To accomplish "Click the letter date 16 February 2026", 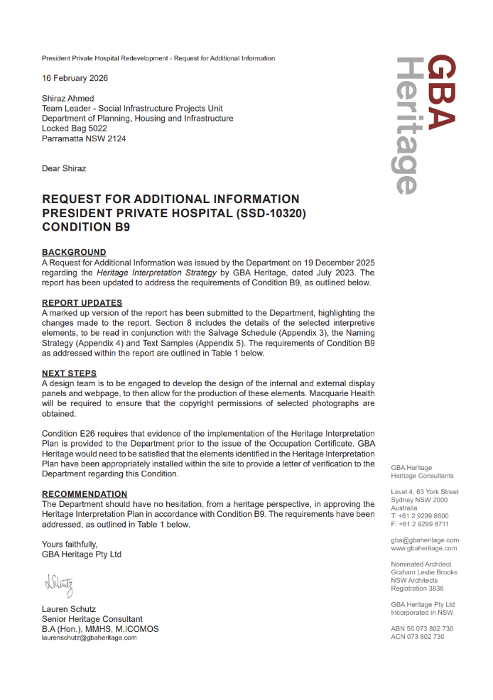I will (x=75, y=78).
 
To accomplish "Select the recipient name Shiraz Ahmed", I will (x=67, y=99).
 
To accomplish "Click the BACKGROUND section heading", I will (x=74, y=252).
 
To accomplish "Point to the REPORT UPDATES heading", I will (x=82, y=302).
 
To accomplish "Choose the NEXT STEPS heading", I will (x=69, y=373).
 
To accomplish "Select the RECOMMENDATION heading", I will (x=85, y=494).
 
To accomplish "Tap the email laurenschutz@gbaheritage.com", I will (x=89, y=638).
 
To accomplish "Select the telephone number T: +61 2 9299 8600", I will (x=419, y=516).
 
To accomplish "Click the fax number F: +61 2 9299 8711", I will (x=419, y=524).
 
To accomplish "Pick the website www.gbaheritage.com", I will (x=424, y=548).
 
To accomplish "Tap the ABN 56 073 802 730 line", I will (x=422, y=629).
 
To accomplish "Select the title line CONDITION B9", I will (x=86, y=228).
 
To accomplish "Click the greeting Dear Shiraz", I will (x=64, y=169).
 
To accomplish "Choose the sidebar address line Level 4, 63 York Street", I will (x=425, y=492).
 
